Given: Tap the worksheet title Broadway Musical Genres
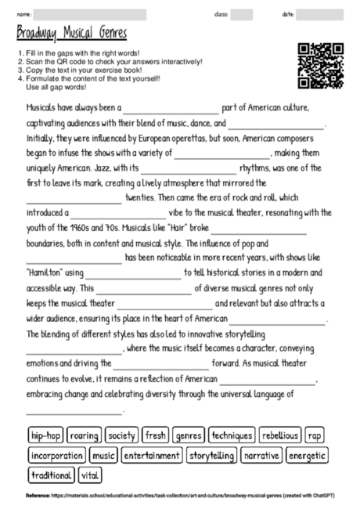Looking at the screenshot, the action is tap(71, 34).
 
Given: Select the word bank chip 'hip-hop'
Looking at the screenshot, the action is tap(45, 435).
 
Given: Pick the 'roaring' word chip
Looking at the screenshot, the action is tap(84, 435).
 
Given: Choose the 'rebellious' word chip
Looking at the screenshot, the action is tap(279, 435).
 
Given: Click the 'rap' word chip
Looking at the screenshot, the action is tap(314, 435).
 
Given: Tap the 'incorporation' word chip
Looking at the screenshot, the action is tap(57, 455).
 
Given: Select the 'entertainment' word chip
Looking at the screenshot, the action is tap(152, 455).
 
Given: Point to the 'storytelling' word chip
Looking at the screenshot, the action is tap(212, 455).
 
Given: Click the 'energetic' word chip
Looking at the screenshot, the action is tap(307, 455).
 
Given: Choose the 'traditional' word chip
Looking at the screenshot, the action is tap(51, 475).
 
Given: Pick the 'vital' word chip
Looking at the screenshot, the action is tap(90, 475).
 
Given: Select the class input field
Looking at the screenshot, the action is tap(242, 14).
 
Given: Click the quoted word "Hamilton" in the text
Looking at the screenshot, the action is tap(44, 272).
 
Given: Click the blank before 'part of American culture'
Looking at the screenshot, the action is tap(171, 109).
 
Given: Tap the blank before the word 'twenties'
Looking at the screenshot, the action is tap(74, 198).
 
